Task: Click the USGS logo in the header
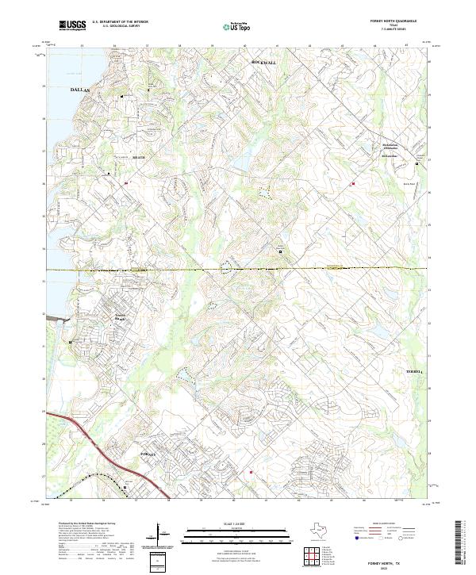tap(73, 25)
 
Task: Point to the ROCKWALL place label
tap(262, 61)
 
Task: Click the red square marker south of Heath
tap(125, 183)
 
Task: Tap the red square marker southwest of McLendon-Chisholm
tap(353, 184)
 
